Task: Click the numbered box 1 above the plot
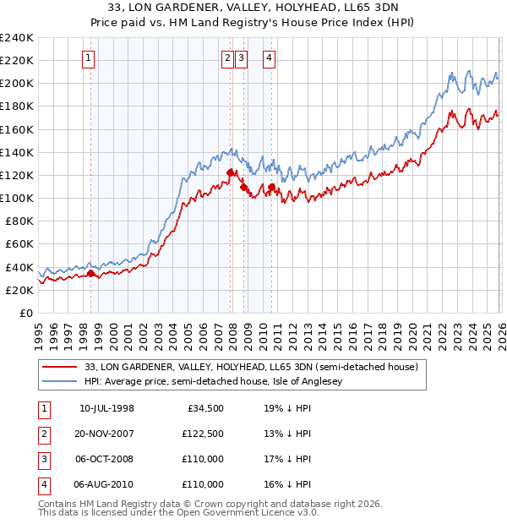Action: click(x=89, y=58)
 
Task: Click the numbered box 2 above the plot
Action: click(x=228, y=58)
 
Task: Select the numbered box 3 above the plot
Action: click(x=242, y=58)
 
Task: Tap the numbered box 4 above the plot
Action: click(x=269, y=58)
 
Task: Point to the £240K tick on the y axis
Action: click(x=16, y=38)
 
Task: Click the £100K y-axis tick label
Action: click(x=16, y=198)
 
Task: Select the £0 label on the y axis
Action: click(x=25, y=313)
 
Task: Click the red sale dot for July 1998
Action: click(x=90, y=273)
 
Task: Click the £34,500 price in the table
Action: click(x=204, y=408)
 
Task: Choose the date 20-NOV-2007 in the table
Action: click(x=104, y=434)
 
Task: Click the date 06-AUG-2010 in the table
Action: click(x=104, y=484)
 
